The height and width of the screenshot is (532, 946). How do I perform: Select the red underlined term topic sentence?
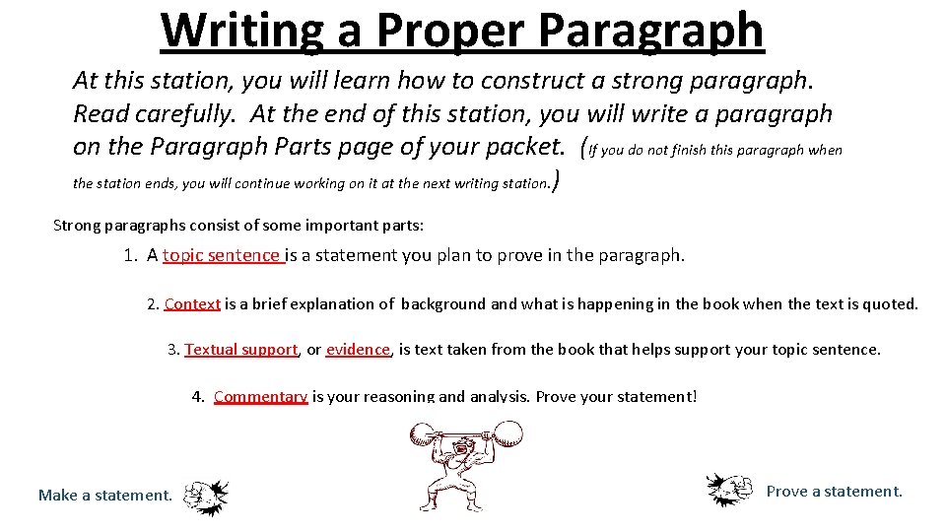pyautogui.click(x=222, y=255)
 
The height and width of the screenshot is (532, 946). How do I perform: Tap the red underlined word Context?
pyautogui.click(x=192, y=303)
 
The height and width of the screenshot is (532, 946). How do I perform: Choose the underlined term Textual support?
pyautogui.click(x=240, y=349)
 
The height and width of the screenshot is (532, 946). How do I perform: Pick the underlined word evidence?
pyautogui.click(x=359, y=349)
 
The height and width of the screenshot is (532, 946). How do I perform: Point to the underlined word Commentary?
pyautogui.click(x=260, y=396)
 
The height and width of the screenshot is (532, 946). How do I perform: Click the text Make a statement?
pyautogui.click(x=104, y=495)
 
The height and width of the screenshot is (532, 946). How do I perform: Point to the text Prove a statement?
pyautogui.click(x=834, y=491)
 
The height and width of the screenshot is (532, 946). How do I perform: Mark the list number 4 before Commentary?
pyautogui.click(x=197, y=396)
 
